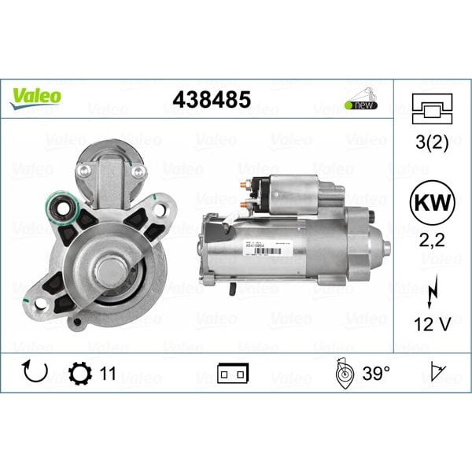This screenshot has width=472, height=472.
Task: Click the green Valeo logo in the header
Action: click(35, 97)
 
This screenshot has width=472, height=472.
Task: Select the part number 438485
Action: click(212, 100)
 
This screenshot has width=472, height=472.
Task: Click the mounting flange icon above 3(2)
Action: click(432, 109)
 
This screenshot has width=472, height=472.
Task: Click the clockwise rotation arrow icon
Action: click(35, 372)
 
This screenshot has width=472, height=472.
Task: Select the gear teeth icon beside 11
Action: click(79, 373)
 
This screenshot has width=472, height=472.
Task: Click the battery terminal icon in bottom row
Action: click(234, 374)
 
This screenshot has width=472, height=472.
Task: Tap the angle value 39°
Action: click(376, 373)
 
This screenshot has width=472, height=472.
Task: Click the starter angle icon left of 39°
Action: click(344, 372)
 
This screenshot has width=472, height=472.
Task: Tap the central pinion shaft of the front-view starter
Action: click(110, 272)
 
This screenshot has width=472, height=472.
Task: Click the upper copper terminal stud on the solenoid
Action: click(245, 184)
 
